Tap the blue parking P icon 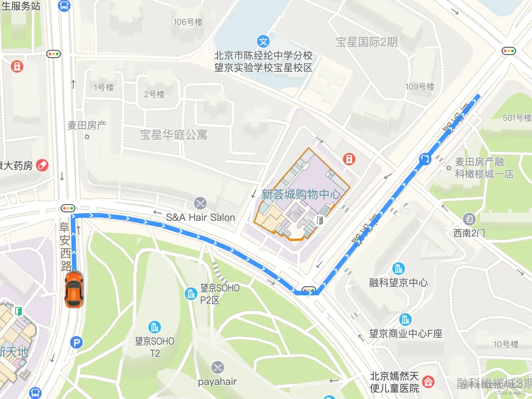click(76, 342)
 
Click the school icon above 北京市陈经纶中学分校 click(263, 41)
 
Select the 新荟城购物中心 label click(301, 195)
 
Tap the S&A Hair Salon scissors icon click(200, 203)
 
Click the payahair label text click(217, 382)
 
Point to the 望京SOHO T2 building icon click(154, 327)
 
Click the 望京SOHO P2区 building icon click(191, 293)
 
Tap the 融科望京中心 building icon click(398, 269)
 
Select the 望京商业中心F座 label click(406, 334)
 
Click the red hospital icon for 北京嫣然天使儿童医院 click(428, 382)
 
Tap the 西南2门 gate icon click(469, 219)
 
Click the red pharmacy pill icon click(42, 165)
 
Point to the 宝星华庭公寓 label click(174, 135)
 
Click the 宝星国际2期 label click(367, 42)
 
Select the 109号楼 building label click(420, 87)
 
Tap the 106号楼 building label click(188, 22)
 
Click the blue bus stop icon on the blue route click(425, 159)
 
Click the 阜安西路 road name click(65, 246)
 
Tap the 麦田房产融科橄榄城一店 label click(484, 168)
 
